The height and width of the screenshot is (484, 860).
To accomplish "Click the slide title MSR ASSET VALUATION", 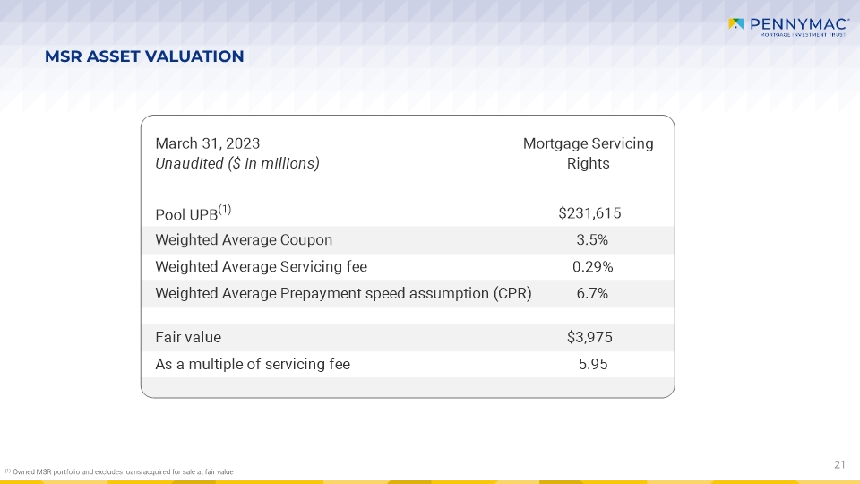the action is pyautogui.click(x=144, y=56).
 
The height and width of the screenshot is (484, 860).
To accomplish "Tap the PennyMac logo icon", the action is pyautogui.click(x=735, y=23).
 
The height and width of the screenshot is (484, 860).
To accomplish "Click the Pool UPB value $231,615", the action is pyautogui.click(x=589, y=213).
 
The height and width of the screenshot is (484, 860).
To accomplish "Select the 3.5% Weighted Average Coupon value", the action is pyautogui.click(x=592, y=240).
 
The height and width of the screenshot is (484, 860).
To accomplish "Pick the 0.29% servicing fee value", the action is pyautogui.click(x=592, y=267).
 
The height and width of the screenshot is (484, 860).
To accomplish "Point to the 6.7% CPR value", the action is pyautogui.click(x=592, y=294).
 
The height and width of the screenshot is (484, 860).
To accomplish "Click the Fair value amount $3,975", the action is pyautogui.click(x=589, y=337).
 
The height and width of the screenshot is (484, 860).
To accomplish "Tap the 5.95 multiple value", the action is pyautogui.click(x=593, y=365).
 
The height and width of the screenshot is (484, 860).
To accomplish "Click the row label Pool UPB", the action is pyautogui.click(x=186, y=214).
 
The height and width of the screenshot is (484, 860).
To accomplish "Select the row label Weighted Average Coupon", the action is pyautogui.click(x=244, y=240).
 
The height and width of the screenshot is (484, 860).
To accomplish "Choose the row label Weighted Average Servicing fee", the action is pyautogui.click(x=261, y=267).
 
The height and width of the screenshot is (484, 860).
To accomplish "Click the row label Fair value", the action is pyautogui.click(x=188, y=337).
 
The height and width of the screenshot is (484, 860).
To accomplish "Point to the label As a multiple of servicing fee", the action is pyautogui.click(x=253, y=365).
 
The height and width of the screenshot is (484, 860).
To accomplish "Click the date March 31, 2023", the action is pyautogui.click(x=207, y=143).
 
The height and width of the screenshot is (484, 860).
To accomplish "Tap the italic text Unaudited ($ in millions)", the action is pyautogui.click(x=236, y=163).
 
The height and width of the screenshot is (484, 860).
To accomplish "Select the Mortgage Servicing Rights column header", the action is pyautogui.click(x=588, y=153).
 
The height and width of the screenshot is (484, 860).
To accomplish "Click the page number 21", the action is pyautogui.click(x=839, y=465).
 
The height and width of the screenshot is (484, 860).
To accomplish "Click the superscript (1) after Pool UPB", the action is pyautogui.click(x=225, y=210).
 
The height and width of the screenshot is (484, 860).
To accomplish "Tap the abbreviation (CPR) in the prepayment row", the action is pyautogui.click(x=512, y=294).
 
